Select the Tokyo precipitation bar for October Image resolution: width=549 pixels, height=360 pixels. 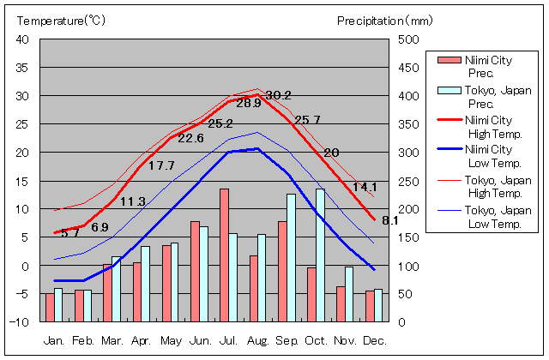pyautogui.click(x=321, y=255)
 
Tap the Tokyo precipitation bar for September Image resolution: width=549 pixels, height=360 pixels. pyautogui.click(x=292, y=257)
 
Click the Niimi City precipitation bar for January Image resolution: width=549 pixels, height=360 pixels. pyautogui.click(x=50, y=307)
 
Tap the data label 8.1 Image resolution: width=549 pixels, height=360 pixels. pyautogui.click(x=390, y=220)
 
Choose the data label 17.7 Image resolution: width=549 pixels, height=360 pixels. pyautogui.click(x=161, y=166)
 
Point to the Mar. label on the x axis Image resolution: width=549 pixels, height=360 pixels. pyautogui.click(x=112, y=340)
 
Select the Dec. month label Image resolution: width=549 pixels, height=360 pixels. pyautogui.click(x=374, y=340)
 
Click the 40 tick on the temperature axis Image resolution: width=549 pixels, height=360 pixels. pyautogui.click(x=23, y=39)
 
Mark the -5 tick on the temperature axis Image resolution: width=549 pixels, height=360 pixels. pyautogui.click(x=23, y=294)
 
